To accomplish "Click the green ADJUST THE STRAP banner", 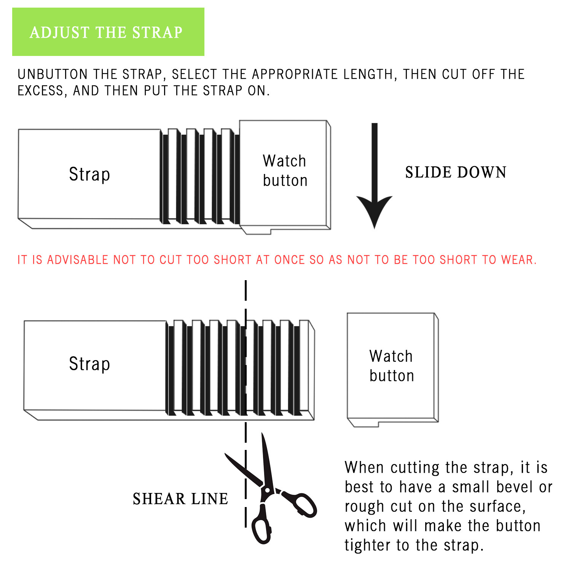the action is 108,32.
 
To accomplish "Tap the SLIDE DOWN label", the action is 456,172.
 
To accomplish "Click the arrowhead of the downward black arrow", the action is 375,212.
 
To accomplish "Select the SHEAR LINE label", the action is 180,499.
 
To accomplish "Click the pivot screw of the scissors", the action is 267,490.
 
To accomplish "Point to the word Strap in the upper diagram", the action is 89,174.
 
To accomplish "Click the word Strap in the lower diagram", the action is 89,364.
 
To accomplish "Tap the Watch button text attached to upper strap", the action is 285,171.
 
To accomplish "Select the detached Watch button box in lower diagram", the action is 393,370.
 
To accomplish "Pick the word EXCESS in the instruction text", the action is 40,91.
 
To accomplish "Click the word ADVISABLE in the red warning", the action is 78,260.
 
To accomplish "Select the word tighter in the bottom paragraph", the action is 368,545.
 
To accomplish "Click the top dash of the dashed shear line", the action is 246,290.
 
